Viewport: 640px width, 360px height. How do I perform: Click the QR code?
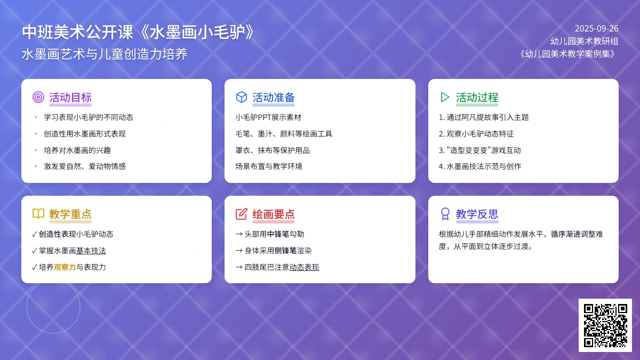coord(605,325)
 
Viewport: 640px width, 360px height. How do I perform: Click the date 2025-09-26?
coord(597,29)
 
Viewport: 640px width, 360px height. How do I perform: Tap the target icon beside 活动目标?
coord(38,97)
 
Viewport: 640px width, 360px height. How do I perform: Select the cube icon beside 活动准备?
coord(242,97)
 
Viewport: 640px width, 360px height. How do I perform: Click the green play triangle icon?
coord(445,97)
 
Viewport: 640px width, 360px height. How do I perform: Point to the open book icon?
coord(38,214)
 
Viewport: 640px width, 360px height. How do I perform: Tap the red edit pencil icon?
coord(242,214)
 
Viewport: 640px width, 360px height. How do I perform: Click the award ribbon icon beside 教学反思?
coord(445,214)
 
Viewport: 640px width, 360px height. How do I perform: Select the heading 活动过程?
coord(477,98)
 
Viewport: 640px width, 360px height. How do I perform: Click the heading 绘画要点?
coord(274,214)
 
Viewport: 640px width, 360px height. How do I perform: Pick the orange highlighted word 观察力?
coord(65,267)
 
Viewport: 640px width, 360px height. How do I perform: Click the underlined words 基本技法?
coord(91,251)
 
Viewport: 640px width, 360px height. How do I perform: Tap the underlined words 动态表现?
coord(304,267)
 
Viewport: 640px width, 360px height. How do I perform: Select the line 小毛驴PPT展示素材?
coord(268,117)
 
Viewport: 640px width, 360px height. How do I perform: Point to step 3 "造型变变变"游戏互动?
coord(479,150)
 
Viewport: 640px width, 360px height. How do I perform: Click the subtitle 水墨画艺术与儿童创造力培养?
coord(105,54)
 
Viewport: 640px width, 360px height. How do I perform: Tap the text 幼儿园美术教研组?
coord(585,41)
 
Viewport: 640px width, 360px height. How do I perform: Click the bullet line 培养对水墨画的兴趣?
coord(77,150)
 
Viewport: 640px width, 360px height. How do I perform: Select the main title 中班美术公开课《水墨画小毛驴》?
coord(138,31)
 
